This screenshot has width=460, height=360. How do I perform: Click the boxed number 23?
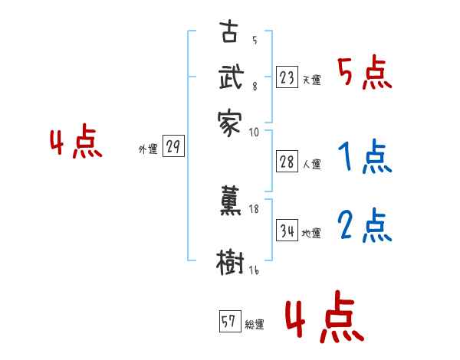pyautogui.click(x=287, y=77)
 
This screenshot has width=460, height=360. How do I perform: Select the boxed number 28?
pyautogui.click(x=287, y=161)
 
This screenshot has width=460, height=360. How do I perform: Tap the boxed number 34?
pyautogui.click(x=287, y=231)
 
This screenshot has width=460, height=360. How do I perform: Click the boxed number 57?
pyautogui.click(x=229, y=322)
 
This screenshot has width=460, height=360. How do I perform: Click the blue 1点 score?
pyautogui.click(x=364, y=159)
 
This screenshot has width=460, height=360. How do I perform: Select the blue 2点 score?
pyautogui.click(x=364, y=227)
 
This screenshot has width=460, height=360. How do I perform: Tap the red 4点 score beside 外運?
pyautogui.click(x=76, y=143)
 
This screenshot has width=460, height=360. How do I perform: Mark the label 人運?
pyautogui.click(x=312, y=164)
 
